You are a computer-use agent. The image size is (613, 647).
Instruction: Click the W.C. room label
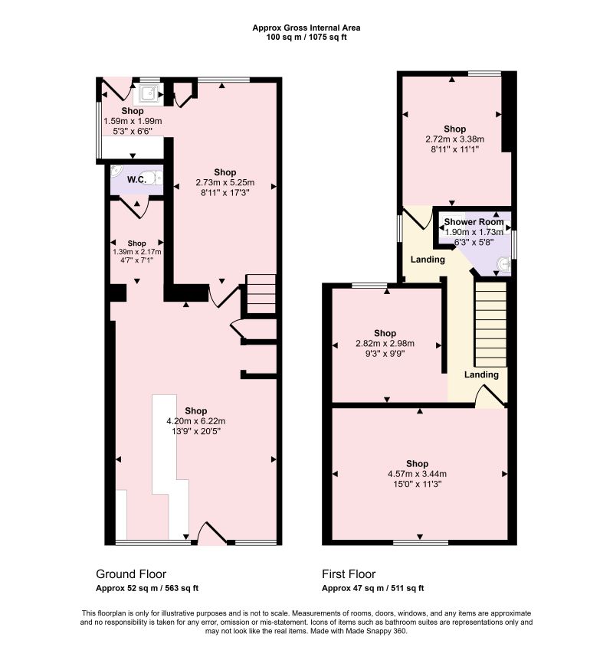pyautogui.click(x=136, y=179)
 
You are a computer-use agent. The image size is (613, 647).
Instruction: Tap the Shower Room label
pyautogui.click(x=474, y=222)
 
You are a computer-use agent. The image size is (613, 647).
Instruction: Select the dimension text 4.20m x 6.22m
pyautogui.click(x=196, y=421)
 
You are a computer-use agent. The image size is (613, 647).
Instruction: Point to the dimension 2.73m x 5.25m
pyautogui.click(x=225, y=182)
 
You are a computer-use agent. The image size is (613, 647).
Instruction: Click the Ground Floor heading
pyautogui.click(x=131, y=574)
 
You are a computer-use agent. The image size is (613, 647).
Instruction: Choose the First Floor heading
pyautogui.click(x=349, y=574)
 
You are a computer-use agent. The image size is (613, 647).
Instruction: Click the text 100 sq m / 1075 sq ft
pyautogui.click(x=306, y=38)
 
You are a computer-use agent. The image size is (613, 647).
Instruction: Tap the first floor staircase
pyautogui.click(x=490, y=324)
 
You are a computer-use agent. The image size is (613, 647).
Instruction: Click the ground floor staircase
pyautogui.click(x=261, y=294)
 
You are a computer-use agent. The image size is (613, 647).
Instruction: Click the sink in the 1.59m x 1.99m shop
pyautogui.click(x=147, y=93)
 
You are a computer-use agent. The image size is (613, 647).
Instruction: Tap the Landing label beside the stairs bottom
pyautogui.click(x=481, y=374)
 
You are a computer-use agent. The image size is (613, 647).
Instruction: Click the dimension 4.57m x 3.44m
pyautogui.click(x=417, y=474)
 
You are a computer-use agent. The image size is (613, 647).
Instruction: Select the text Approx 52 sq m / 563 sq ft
pyautogui.click(x=147, y=588)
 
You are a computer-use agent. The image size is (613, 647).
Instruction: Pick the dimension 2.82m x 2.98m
pyautogui.click(x=385, y=343)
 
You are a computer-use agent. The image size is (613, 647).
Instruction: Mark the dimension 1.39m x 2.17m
pyautogui.click(x=136, y=252)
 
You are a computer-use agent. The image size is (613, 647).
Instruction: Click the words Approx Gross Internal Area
pyautogui.click(x=306, y=28)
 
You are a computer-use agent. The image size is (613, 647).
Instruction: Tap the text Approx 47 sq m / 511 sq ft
pyautogui.click(x=373, y=588)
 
